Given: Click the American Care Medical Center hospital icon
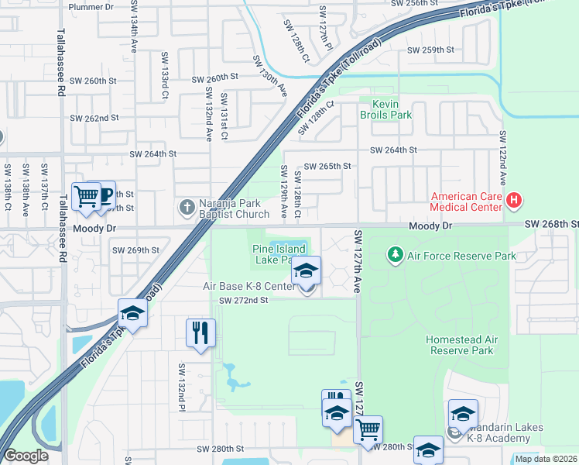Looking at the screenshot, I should click(x=513, y=202).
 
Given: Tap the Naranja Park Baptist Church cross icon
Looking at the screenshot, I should click(x=187, y=207).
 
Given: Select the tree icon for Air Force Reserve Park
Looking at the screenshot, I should click(x=396, y=255).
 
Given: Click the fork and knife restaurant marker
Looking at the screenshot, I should click(x=201, y=333).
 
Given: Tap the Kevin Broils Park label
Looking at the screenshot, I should click(x=385, y=109).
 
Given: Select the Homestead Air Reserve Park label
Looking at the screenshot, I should click(x=471, y=345).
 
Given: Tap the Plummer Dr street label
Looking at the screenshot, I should click(x=91, y=7).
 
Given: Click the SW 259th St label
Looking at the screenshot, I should click(x=430, y=50).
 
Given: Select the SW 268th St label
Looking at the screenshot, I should click(x=550, y=224).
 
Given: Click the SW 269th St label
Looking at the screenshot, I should click(x=135, y=250).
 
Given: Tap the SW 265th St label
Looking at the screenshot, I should click(x=327, y=167).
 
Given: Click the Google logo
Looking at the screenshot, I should click(x=26, y=456).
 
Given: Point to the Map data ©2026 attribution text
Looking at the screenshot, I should click(x=545, y=459).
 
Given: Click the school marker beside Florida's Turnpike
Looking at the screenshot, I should click(x=133, y=313).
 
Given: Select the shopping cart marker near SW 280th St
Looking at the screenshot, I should click(x=368, y=429).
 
